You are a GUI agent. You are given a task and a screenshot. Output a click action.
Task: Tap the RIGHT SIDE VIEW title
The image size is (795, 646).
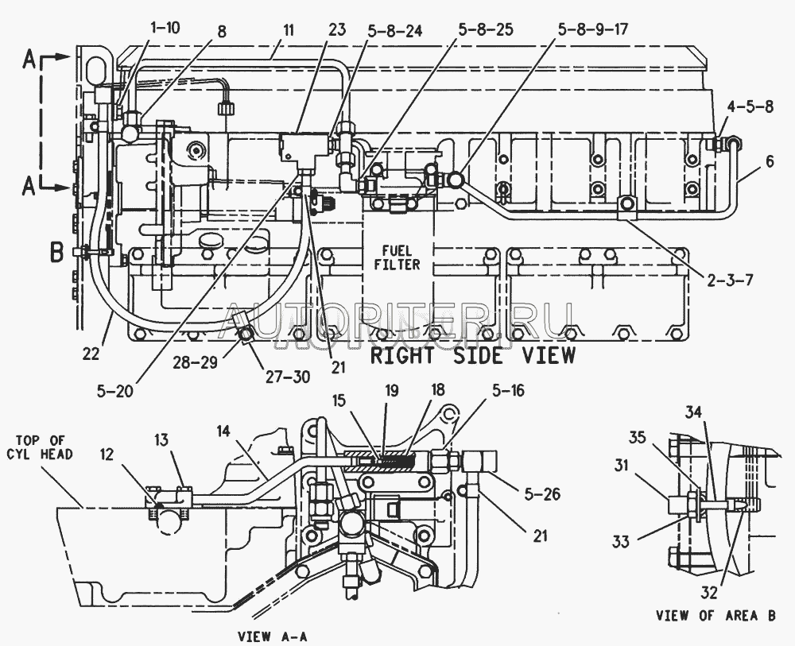(473, 356)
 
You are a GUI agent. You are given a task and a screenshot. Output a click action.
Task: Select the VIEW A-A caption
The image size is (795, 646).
(272, 636)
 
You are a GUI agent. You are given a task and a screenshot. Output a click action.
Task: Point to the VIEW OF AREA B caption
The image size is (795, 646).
(716, 616)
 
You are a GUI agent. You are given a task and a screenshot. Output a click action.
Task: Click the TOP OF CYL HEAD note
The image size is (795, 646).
(40, 447)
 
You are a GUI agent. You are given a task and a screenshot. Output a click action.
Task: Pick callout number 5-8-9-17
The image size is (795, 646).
(593, 29)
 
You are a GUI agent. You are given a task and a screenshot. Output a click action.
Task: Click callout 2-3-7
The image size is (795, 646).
(730, 280)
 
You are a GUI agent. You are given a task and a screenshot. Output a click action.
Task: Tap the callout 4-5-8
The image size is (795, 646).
(750, 107)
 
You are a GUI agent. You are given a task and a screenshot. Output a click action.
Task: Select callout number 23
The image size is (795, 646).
(336, 29)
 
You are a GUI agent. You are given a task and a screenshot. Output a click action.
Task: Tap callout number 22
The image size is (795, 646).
(91, 354)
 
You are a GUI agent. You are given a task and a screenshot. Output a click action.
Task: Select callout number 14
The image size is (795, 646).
(223, 431)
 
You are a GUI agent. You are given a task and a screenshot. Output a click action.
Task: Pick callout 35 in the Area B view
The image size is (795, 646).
(638, 437)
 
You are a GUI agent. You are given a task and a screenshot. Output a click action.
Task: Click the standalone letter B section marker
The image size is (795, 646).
(57, 252)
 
